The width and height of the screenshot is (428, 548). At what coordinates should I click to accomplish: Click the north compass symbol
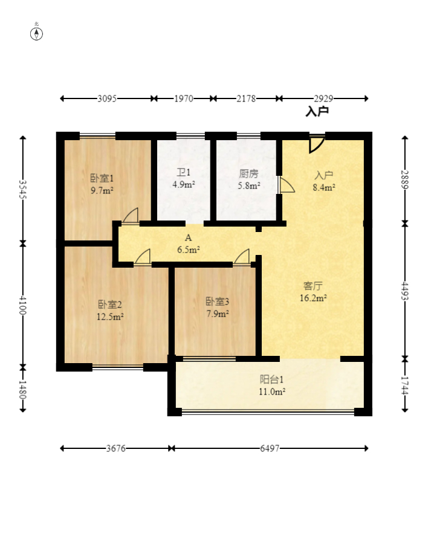[x=36, y=33]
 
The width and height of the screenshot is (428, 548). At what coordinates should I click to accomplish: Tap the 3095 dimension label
[x=107, y=98]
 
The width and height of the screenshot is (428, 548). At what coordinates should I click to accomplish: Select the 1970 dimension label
[x=184, y=98]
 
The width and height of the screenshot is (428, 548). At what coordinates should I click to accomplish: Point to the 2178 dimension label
[x=246, y=98]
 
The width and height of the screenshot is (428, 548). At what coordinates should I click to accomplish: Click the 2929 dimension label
[x=323, y=98]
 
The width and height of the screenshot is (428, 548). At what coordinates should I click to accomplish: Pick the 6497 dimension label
[x=270, y=448]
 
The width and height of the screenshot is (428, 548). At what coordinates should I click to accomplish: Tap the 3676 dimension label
[x=115, y=448]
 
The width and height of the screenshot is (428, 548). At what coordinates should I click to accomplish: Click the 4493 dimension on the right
[x=404, y=291]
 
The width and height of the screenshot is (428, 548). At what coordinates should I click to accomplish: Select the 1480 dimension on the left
[x=22, y=390]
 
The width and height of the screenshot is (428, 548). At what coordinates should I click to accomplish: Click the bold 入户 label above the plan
[x=317, y=112]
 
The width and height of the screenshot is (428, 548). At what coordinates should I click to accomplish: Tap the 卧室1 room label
[x=102, y=178]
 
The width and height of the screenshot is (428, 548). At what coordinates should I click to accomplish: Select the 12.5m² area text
[x=110, y=317]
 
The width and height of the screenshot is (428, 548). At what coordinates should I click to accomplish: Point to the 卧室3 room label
[x=217, y=301]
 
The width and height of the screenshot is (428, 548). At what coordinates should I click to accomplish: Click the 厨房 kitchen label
[x=248, y=173]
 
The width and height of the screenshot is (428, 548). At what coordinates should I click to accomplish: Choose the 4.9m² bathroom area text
[x=184, y=184]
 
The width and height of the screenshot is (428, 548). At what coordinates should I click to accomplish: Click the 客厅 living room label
[x=313, y=286]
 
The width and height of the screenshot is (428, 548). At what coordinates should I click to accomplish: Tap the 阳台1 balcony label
[x=271, y=379]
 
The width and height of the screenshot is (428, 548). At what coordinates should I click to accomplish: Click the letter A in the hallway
[x=188, y=237]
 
